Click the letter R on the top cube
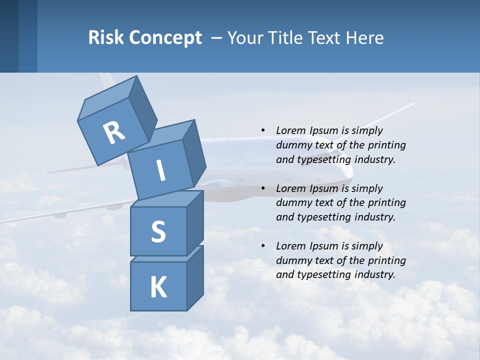(x=113, y=132)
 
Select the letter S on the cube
(x=158, y=232)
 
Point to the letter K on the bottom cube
(x=158, y=287)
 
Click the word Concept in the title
(x=165, y=38)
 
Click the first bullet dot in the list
(x=263, y=130)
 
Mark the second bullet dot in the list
(x=263, y=188)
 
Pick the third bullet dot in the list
(x=263, y=246)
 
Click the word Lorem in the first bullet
(x=290, y=130)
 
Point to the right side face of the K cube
(x=195, y=277)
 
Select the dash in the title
(x=217, y=38)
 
